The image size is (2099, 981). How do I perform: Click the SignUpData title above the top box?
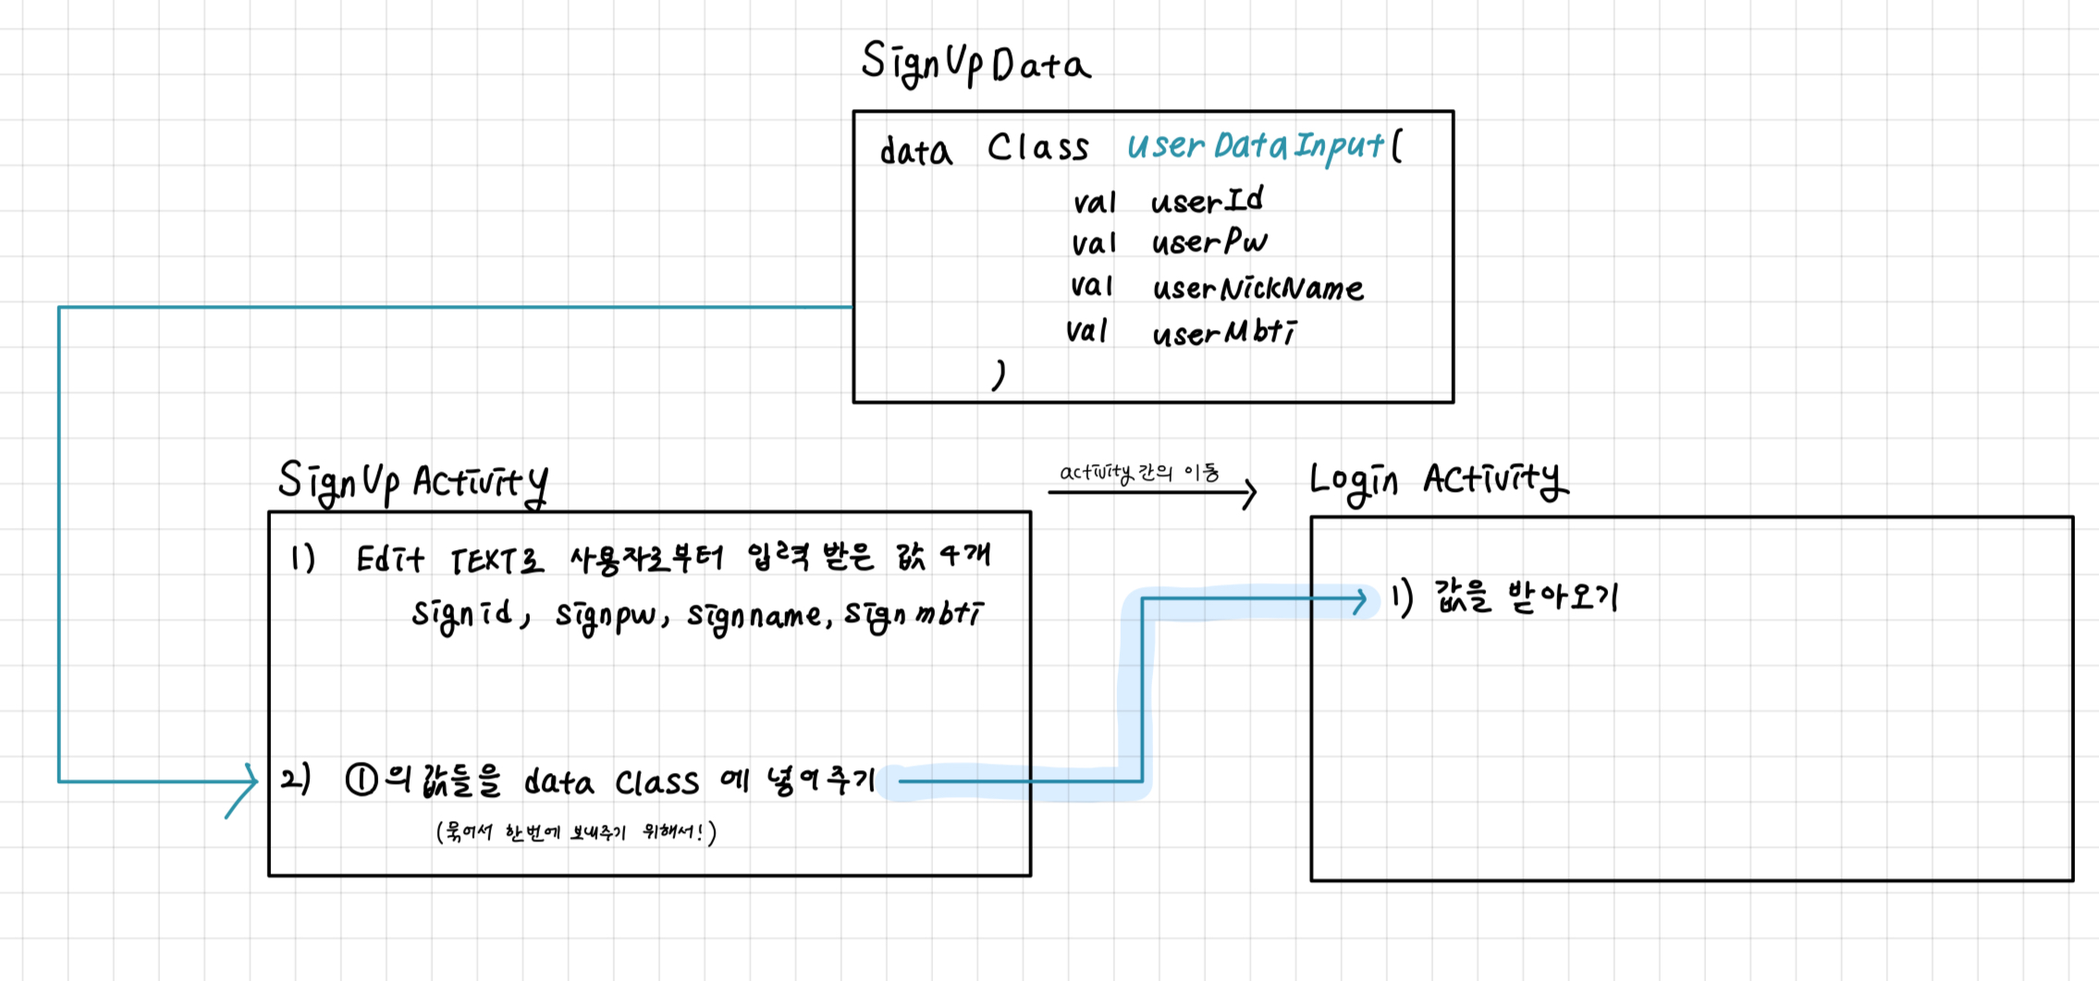(976, 63)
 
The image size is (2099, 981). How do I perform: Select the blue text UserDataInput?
(1256, 146)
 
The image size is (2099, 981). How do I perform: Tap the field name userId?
(1207, 200)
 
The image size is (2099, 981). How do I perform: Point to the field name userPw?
(1209, 242)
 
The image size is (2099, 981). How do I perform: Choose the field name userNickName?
(1258, 288)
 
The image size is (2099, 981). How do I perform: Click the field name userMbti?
(1224, 333)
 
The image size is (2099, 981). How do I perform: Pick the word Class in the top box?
(1037, 148)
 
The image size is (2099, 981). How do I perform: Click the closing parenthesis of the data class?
(999, 374)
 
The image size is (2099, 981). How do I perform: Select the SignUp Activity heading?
(412, 482)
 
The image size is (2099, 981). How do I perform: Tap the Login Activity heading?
(1438, 480)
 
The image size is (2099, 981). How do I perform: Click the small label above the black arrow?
(1139, 472)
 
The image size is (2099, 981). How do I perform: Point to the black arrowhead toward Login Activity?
(1248, 493)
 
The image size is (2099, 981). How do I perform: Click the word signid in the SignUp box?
(462, 615)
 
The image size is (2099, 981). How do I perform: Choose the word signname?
(754, 617)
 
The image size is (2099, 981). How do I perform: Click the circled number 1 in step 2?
(362, 780)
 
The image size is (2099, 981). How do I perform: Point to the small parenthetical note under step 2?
(575, 832)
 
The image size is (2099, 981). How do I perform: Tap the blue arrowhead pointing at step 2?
(248, 782)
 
